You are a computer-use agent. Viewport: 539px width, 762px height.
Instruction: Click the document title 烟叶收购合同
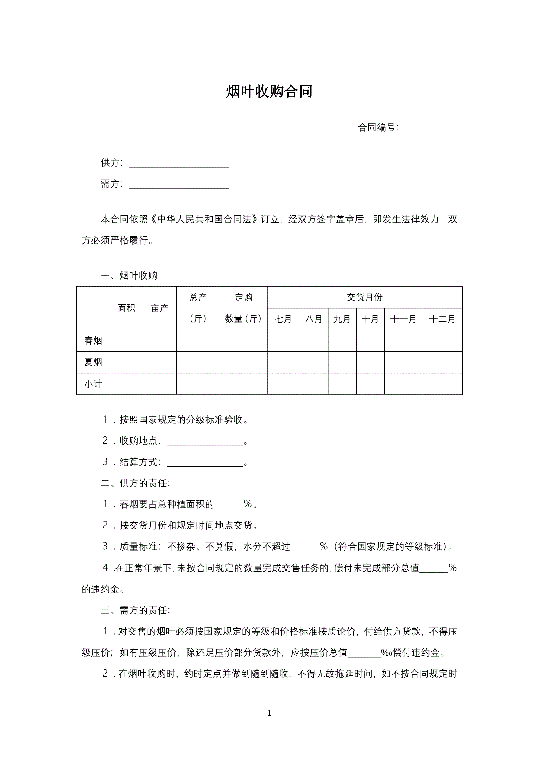pos(269,91)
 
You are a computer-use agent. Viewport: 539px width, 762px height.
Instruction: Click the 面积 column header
pos(127,308)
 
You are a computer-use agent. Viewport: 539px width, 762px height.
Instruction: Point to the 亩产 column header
pos(160,308)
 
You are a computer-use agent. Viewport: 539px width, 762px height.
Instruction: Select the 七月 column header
pos(283,319)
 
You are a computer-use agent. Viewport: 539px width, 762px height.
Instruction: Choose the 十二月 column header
pos(442,319)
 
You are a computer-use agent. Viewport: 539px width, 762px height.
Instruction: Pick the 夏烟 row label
pos(93,362)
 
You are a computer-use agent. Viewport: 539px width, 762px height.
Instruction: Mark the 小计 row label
pos(93,384)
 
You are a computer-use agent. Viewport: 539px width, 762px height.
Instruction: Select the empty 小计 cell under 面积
pos(127,384)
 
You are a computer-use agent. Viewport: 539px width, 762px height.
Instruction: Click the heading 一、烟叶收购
pos(129,275)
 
